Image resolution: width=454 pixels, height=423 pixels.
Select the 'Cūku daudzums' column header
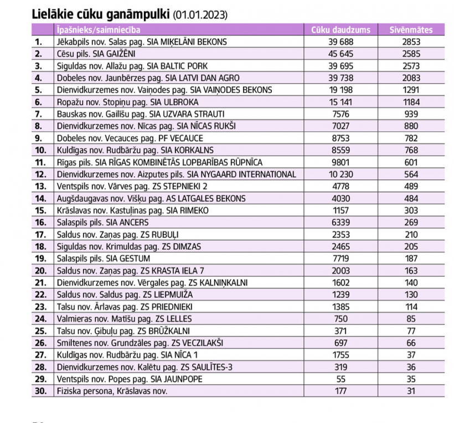pyautogui.click(x=341, y=29)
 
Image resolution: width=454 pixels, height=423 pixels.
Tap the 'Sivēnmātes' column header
pyautogui.click(x=412, y=29)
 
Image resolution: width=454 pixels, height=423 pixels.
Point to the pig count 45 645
pyautogui.click(x=341, y=54)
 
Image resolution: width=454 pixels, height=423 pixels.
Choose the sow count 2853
pyautogui.click(x=412, y=42)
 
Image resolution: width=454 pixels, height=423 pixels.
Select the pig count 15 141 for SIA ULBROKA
pyautogui.click(x=341, y=102)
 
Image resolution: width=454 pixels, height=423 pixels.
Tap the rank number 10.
pyautogui.click(x=42, y=150)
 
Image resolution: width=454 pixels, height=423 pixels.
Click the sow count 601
pyautogui.click(x=412, y=162)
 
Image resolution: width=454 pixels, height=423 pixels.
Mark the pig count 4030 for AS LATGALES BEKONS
pyautogui.click(x=341, y=198)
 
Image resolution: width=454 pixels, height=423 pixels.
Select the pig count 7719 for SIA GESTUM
pyautogui.click(x=341, y=259)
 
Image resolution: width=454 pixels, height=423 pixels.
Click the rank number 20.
pyautogui.click(x=42, y=270)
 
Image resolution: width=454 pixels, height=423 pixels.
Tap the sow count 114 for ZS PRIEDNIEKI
pyautogui.click(x=412, y=306)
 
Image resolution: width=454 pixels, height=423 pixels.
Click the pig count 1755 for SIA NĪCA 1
pyautogui.click(x=341, y=355)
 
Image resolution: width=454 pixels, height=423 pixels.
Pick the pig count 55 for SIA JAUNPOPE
pyautogui.click(x=341, y=379)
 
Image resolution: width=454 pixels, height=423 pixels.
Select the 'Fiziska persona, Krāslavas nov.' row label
pyautogui.click(x=111, y=391)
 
